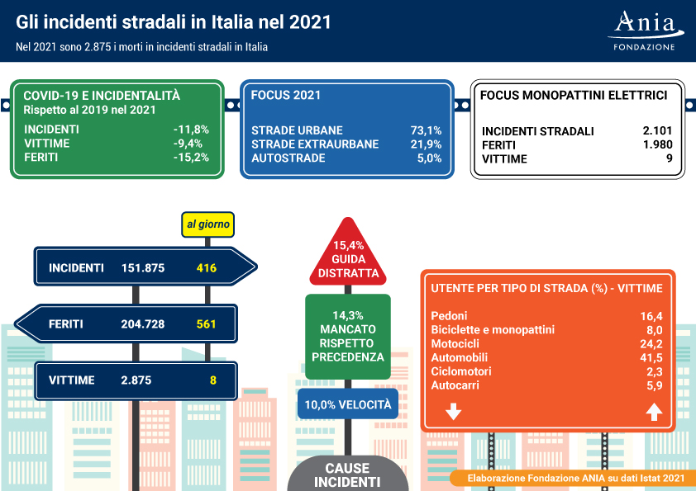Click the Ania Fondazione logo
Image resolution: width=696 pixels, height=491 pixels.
click(x=646, y=31)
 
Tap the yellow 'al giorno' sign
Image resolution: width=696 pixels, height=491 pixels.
click(x=207, y=224)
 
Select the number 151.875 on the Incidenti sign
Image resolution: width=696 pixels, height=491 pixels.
click(x=143, y=268)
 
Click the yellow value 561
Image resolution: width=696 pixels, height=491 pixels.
click(x=207, y=324)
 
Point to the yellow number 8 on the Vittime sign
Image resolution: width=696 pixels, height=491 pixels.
click(x=213, y=380)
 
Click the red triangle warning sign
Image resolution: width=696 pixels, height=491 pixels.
click(x=348, y=253)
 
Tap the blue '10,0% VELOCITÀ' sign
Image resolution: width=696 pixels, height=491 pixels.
click(x=348, y=404)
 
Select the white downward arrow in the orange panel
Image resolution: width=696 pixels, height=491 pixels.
click(x=453, y=411)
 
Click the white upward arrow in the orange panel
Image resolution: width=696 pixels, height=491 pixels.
click(x=655, y=412)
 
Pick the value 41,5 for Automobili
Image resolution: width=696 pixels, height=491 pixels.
click(x=651, y=357)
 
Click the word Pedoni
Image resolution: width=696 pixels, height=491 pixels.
click(x=449, y=316)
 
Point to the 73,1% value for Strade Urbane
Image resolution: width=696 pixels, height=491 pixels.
click(x=427, y=130)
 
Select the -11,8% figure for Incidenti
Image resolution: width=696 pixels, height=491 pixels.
click(x=191, y=130)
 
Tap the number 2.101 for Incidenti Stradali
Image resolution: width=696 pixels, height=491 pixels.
click(x=657, y=130)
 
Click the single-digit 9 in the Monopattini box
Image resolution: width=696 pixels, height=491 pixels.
click(x=670, y=158)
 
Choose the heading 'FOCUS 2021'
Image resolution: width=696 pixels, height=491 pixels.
click(x=285, y=95)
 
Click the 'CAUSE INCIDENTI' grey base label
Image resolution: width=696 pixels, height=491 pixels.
click(x=347, y=475)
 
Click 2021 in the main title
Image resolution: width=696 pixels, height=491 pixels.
click(x=310, y=22)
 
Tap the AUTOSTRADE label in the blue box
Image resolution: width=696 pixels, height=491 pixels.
click(x=288, y=158)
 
